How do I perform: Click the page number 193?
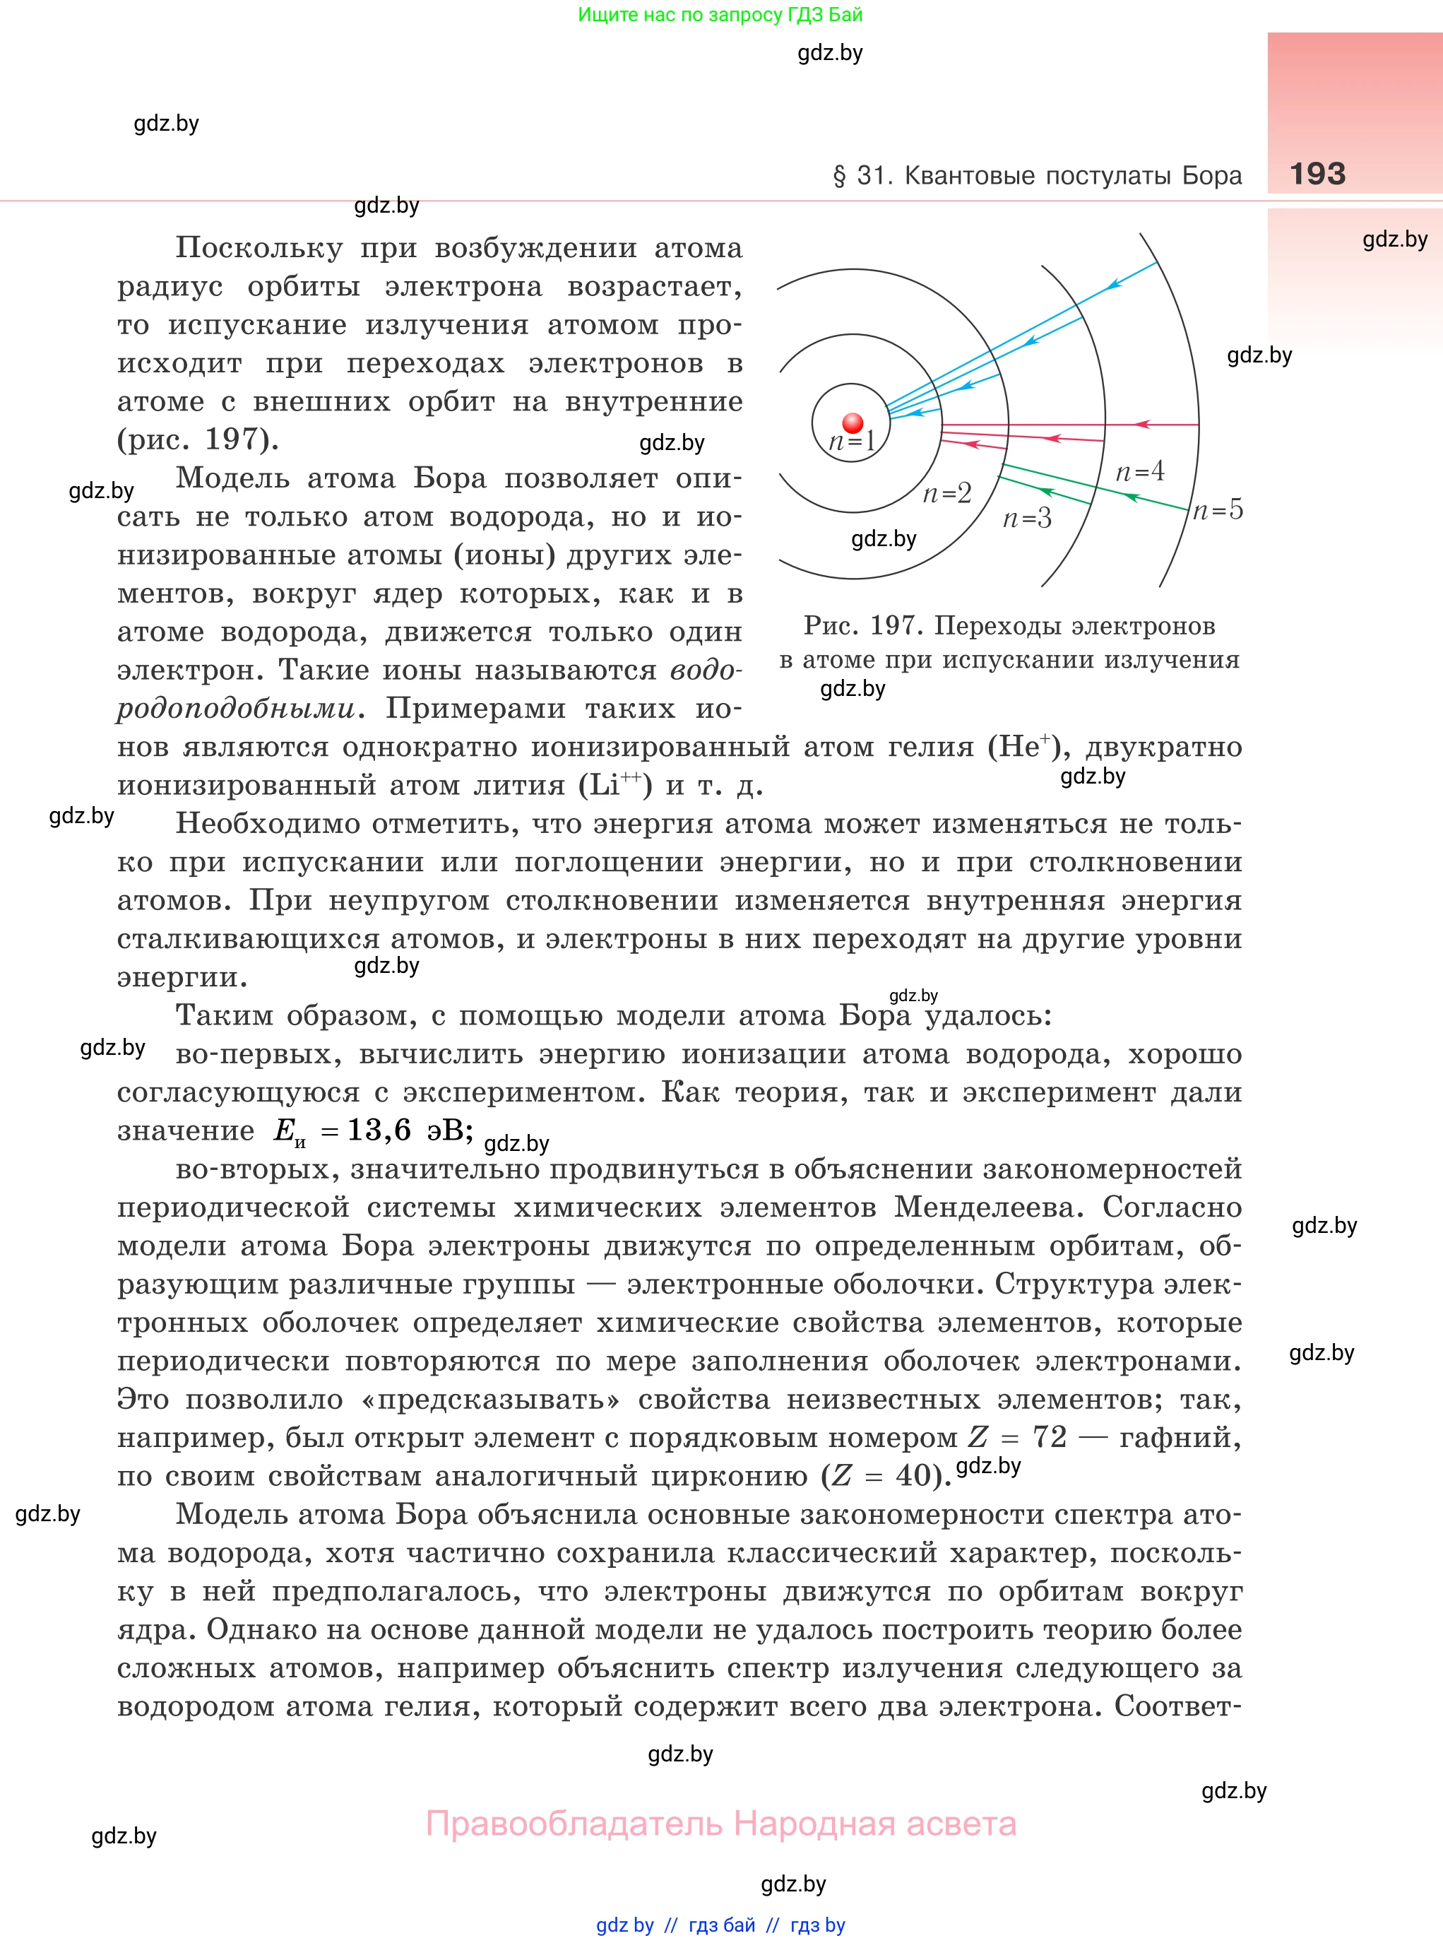pyautogui.click(x=1317, y=174)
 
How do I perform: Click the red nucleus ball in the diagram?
pyautogui.click(x=853, y=424)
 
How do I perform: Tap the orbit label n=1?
pyautogui.click(x=852, y=441)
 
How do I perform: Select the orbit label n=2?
pyautogui.click(x=947, y=494)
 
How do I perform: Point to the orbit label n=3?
pyautogui.click(x=1026, y=519)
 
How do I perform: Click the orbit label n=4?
pyautogui.click(x=1140, y=472)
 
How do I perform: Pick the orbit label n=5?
pyautogui.click(x=1218, y=509)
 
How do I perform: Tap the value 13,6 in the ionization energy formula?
pyautogui.click(x=379, y=1130)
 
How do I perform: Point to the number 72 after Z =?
pyautogui.click(x=1049, y=1437)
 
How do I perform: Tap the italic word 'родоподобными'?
pyautogui.click(x=236, y=709)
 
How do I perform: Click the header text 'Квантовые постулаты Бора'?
pyautogui.click(x=1073, y=176)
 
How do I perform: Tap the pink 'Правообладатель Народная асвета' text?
pyautogui.click(x=720, y=1824)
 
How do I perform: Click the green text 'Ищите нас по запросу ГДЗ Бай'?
pyautogui.click(x=720, y=15)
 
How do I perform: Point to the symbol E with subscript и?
pyautogui.click(x=288, y=1133)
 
